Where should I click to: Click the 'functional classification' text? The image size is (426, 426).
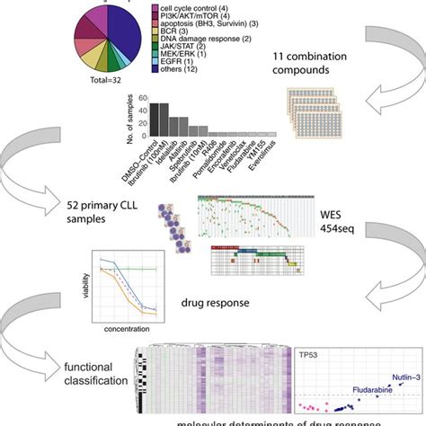pyautogui.click(x=96, y=375)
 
